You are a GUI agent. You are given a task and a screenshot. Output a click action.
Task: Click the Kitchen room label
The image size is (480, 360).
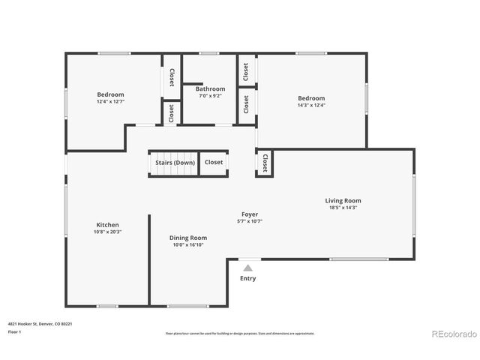pos(107,225)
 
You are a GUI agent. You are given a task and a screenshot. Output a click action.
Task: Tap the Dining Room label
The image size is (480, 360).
pos(187,238)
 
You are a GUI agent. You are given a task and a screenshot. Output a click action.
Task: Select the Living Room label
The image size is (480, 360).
pos(343,200)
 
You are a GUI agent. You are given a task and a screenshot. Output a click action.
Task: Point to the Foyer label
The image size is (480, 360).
pos(249,214)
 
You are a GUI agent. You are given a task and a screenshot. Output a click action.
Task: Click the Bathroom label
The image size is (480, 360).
pos(210,89)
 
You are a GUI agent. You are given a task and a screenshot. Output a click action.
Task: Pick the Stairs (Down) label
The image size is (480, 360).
pos(175,162)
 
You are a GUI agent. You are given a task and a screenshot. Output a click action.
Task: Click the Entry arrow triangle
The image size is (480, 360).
pos(247,267)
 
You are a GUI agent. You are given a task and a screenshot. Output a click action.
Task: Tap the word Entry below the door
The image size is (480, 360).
pos(247,278)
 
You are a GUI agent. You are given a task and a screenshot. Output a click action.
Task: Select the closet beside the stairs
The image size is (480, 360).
pos(214,162)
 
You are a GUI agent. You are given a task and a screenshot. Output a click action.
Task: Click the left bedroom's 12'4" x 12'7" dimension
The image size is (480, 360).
pos(110,103)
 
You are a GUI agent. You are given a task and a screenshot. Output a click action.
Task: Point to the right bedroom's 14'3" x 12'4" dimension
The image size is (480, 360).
pos(311,106)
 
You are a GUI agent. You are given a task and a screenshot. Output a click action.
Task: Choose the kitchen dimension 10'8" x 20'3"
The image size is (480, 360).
pos(107,232)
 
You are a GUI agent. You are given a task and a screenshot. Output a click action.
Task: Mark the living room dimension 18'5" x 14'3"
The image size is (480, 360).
pos(343,208)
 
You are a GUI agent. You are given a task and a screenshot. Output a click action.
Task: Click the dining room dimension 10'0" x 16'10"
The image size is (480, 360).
pos(187,244)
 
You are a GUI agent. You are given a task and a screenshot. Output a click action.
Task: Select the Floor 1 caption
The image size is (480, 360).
pos(15,331)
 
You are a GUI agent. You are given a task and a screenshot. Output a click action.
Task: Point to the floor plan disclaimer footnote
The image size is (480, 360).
pos(240,333)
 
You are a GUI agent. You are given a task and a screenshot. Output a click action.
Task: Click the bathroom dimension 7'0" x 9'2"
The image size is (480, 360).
pos(210,96)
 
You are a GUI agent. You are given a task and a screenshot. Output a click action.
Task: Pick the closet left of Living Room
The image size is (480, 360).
pos(265,163)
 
